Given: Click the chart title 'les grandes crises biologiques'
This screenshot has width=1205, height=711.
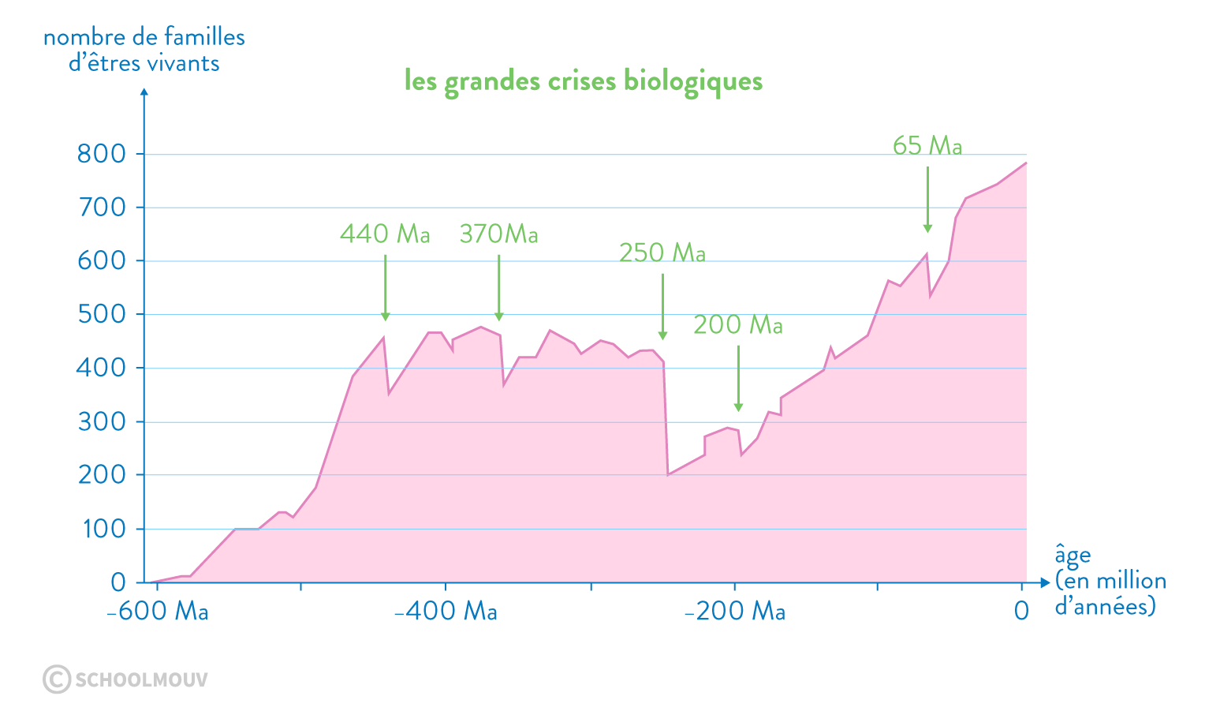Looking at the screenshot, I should (583, 81).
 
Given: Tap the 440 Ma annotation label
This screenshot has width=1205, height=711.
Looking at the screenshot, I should (385, 234).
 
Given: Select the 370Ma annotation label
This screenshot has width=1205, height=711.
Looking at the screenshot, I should (498, 234).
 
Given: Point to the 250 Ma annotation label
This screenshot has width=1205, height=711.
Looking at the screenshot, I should (662, 253).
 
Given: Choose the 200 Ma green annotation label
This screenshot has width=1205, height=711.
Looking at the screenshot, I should (737, 325).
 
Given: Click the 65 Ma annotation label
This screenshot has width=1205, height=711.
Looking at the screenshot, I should (927, 145).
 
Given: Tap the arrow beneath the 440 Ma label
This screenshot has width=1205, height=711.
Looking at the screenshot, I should (386, 288).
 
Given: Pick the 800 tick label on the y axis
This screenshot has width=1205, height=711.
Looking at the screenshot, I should (102, 154).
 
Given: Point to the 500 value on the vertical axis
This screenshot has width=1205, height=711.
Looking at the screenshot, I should (102, 314).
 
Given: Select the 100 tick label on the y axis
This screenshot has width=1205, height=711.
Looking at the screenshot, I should (103, 529).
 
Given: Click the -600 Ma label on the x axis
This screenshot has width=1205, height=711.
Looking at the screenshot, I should (157, 612).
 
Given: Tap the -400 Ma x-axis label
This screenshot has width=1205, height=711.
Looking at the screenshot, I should (446, 612).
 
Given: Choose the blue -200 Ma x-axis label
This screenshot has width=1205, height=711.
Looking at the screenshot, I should (734, 612).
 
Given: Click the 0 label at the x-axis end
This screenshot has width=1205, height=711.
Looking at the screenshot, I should (1021, 612).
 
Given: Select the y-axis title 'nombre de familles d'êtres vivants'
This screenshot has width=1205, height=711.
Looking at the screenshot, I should (144, 50).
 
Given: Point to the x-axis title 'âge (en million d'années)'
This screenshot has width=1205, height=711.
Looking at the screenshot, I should (1109, 581).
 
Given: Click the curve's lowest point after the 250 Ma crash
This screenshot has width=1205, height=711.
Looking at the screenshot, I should (668, 474).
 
